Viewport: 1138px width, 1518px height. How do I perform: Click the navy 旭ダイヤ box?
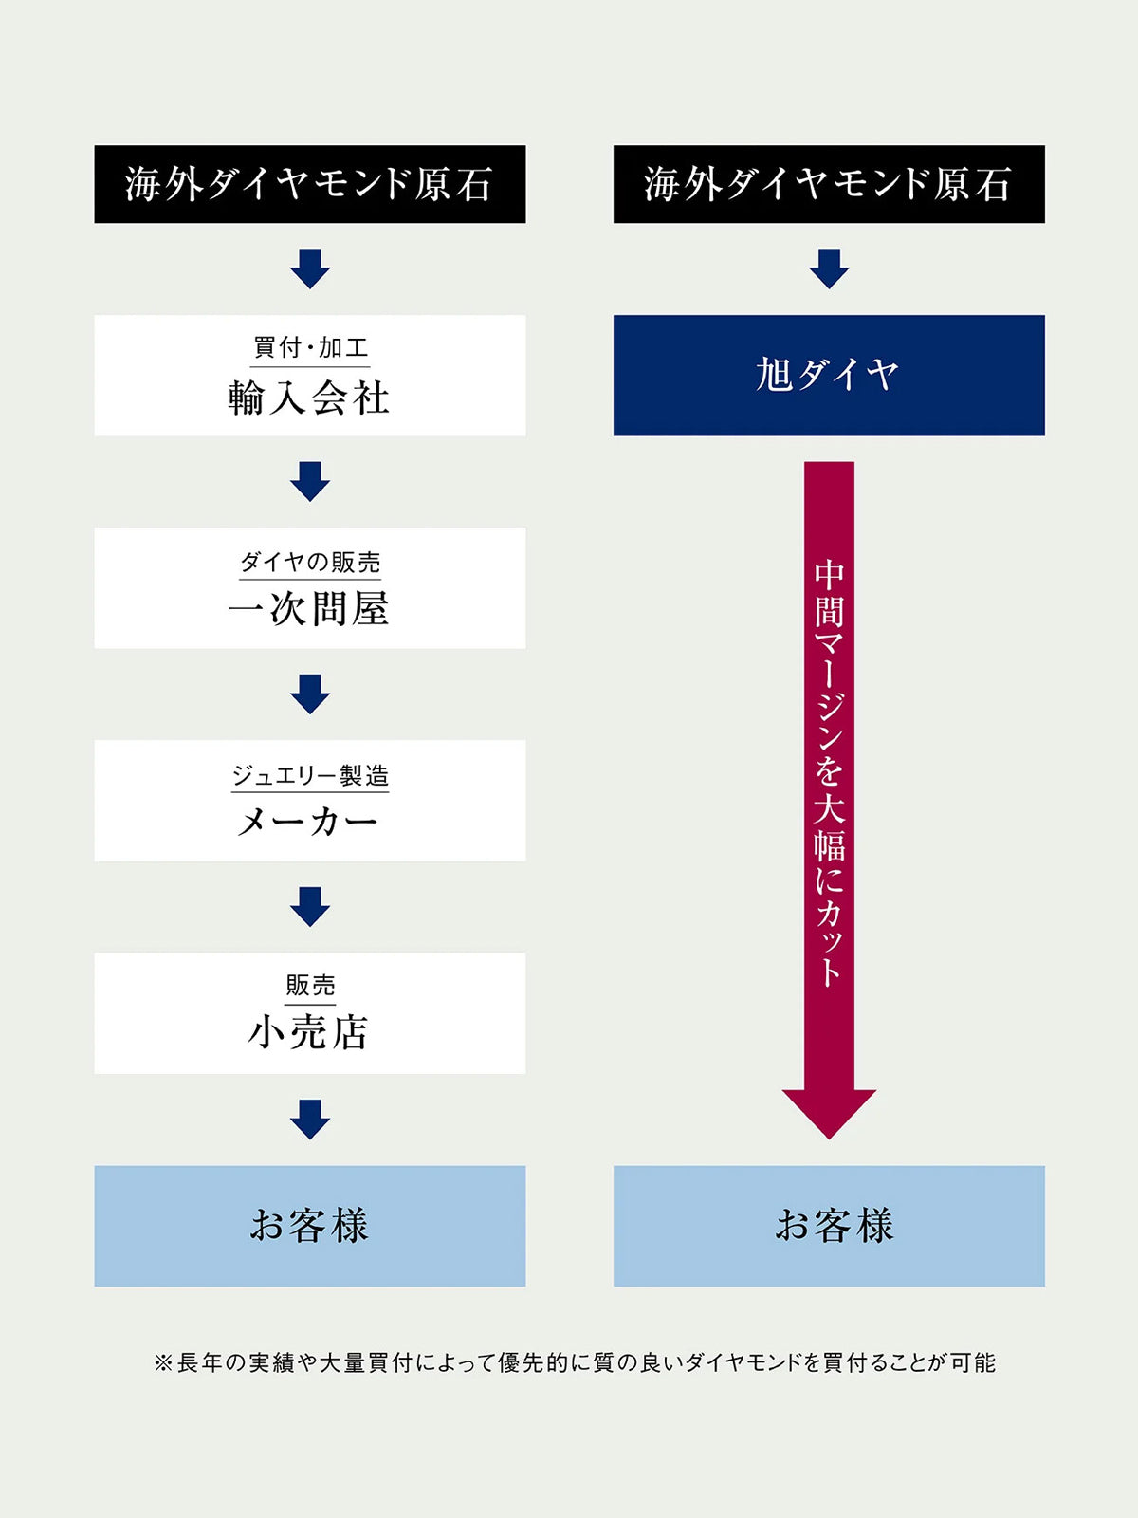click(829, 375)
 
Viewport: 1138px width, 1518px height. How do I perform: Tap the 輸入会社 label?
click(309, 398)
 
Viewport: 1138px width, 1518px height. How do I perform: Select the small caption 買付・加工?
click(310, 348)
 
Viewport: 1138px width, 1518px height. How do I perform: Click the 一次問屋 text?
click(309, 609)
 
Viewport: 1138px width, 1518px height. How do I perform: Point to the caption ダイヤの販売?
click(310, 563)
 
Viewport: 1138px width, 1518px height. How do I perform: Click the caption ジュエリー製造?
click(310, 776)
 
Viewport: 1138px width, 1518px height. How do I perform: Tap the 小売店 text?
click(309, 1032)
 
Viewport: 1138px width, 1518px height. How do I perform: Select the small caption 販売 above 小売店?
click(310, 986)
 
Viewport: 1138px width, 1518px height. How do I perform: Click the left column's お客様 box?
click(309, 1226)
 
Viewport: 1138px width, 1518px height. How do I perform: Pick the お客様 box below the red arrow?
click(829, 1226)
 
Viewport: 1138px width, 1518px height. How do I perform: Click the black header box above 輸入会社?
click(309, 184)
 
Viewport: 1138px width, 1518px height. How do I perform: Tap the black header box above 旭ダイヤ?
click(829, 184)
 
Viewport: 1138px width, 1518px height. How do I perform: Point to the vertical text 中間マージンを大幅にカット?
click(829, 773)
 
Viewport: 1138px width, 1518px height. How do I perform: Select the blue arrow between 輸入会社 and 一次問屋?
click(310, 481)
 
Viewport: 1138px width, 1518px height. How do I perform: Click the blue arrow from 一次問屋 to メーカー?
click(310, 694)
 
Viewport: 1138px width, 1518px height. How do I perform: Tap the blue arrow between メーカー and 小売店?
click(310, 906)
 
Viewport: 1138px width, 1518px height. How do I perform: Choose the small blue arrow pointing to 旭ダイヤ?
click(829, 268)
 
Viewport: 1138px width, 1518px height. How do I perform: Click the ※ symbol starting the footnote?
click(163, 1363)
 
